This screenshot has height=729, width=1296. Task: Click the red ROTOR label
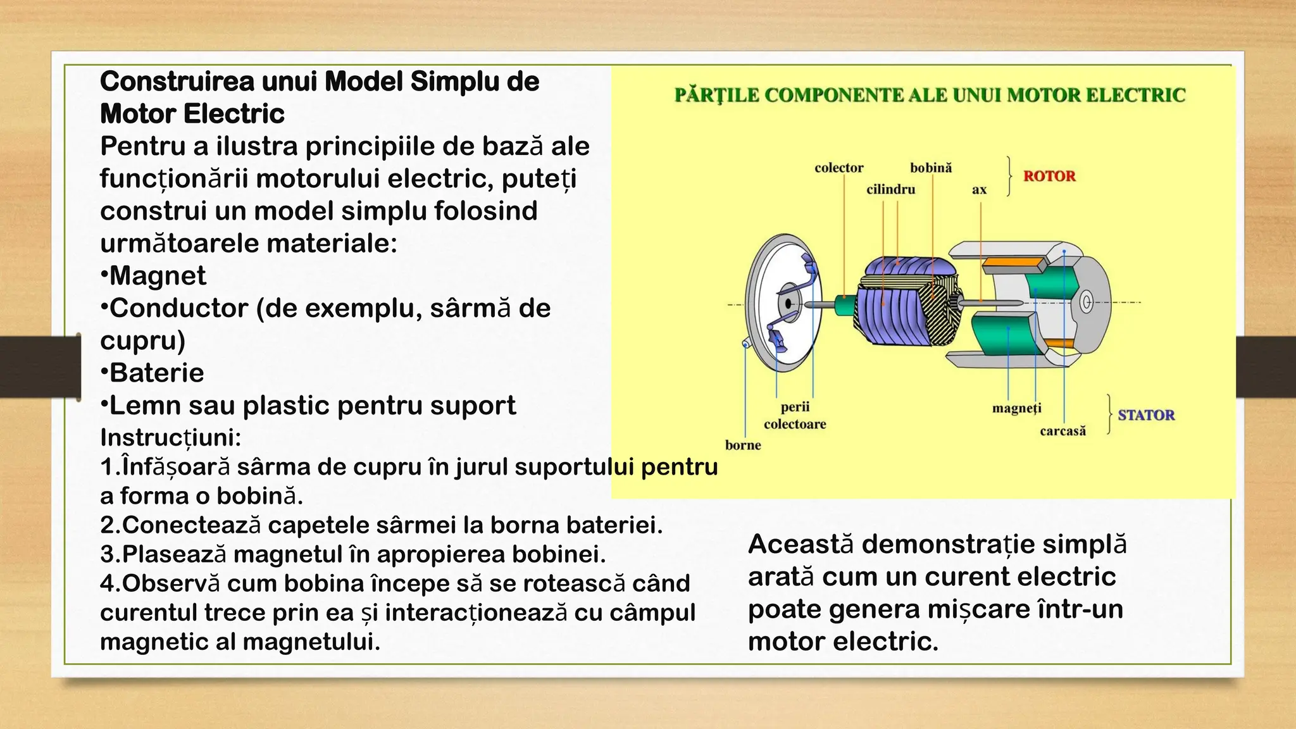(x=1049, y=176)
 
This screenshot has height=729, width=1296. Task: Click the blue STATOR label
(x=1145, y=415)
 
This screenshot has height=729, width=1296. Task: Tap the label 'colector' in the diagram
(x=838, y=168)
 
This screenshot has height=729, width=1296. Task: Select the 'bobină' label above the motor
(x=931, y=168)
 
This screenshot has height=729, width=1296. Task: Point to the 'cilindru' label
(x=890, y=189)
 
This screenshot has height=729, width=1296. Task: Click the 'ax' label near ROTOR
(x=979, y=189)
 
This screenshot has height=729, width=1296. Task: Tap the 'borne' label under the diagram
(x=743, y=445)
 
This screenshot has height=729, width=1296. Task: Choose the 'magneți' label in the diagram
(x=1016, y=408)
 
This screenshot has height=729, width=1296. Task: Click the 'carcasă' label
(x=1062, y=431)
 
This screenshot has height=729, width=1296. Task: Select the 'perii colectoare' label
(x=795, y=415)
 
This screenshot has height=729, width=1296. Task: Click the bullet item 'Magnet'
(x=157, y=276)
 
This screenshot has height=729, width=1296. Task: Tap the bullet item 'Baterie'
(x=156, y=373)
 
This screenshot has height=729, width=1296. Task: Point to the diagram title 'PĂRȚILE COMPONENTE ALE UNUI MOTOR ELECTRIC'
(x=930, y=95)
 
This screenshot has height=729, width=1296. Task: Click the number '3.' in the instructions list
(x=110, y=554)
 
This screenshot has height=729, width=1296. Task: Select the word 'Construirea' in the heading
(x=177, y=82)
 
